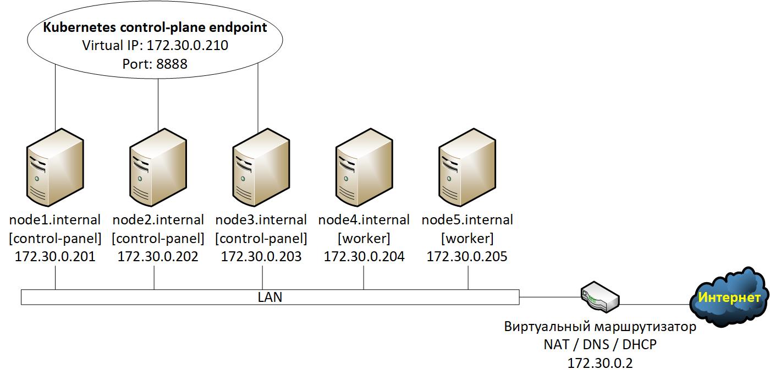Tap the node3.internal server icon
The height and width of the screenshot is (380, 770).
[x=261, y=166]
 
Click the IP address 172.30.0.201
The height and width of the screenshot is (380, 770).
[x=55, y=256]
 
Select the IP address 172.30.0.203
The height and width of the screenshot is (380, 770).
[x=261, y=256]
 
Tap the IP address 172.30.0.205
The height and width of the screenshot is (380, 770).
[x=467, y=256]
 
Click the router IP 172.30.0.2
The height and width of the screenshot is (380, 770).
[x=600, y=363]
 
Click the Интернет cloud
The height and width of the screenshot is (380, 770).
[x=729, y=297]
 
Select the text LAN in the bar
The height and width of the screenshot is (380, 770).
[x=269, y=298]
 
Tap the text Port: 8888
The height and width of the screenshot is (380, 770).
[x=155, y=64]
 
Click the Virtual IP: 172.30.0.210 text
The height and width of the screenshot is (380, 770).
[x=155, y=46]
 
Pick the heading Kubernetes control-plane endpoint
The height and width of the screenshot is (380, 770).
[x=155, y=27]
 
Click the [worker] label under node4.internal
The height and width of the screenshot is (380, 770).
[x=364, y=239]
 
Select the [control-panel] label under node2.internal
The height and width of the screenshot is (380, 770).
[x=158, y=239]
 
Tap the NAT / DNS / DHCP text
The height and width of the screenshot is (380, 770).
[x=600, y=345]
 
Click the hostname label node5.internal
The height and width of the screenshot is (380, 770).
[x=467, y=220]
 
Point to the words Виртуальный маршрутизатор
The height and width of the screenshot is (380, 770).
[x=600, y=327]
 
